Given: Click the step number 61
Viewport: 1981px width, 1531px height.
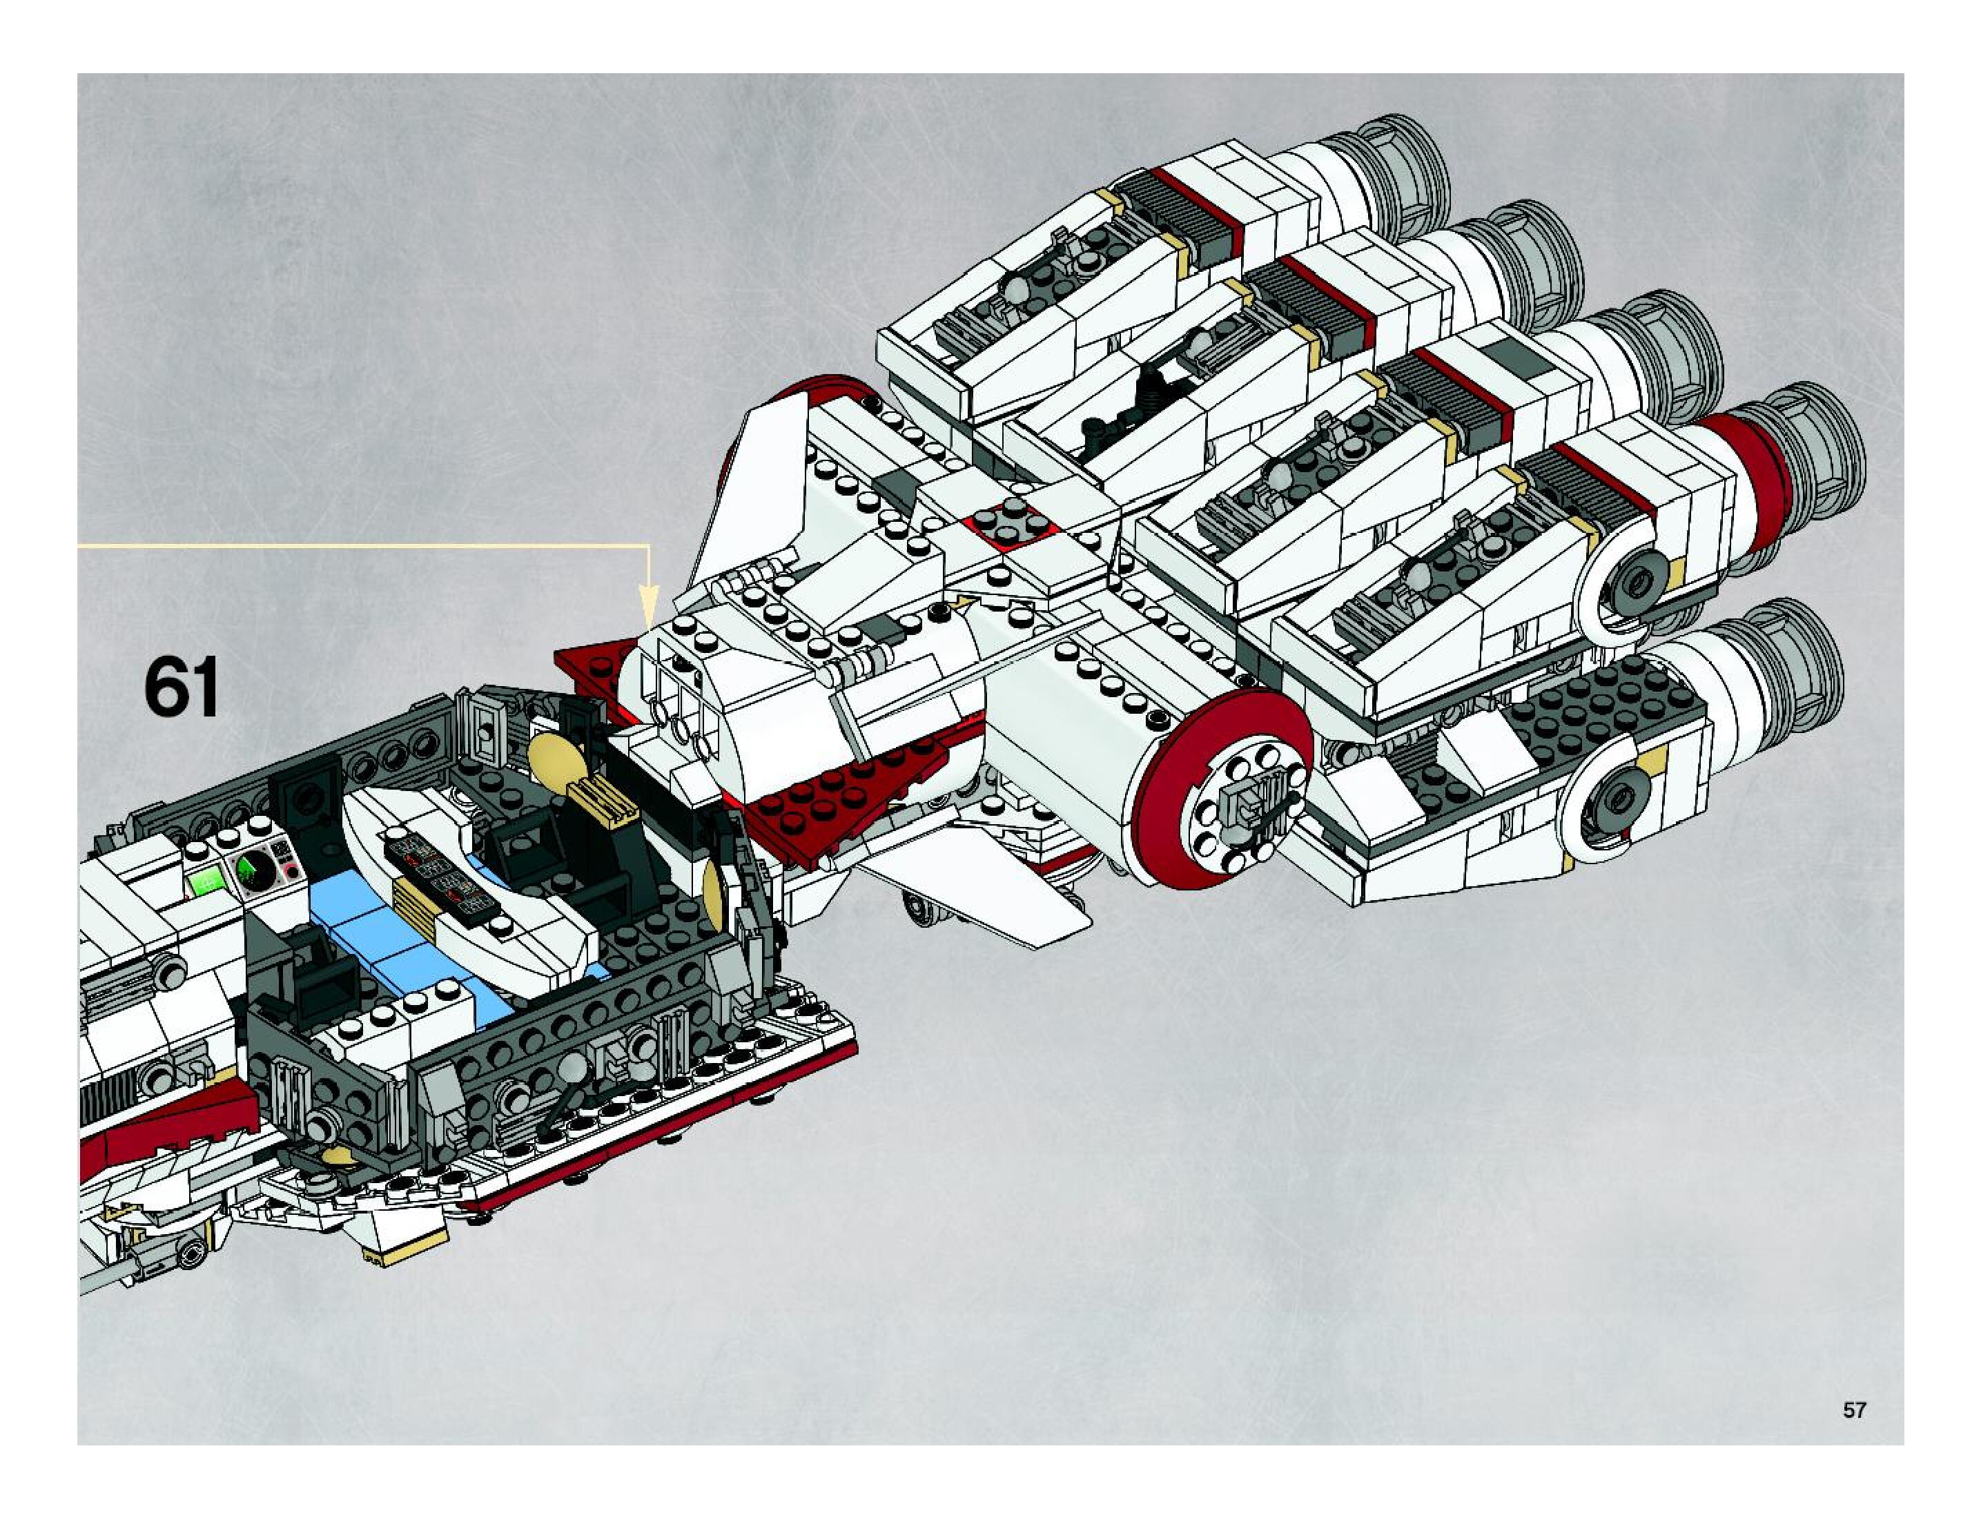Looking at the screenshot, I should click(x=182, y=688).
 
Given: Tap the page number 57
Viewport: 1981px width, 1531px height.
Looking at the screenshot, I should click(x=1854, y=1410).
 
